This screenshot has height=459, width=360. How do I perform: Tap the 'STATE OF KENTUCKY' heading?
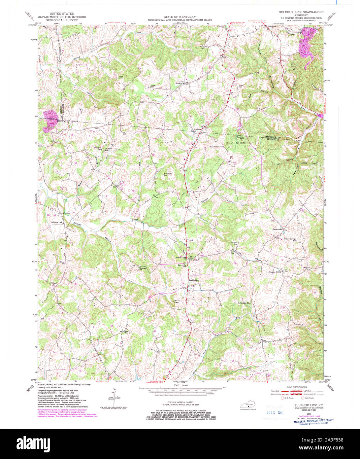point(180,17)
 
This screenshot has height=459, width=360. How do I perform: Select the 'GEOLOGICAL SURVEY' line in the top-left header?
point(62,20)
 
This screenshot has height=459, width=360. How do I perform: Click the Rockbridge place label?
point(194,280)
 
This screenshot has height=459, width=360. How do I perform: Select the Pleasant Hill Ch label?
point(274,272)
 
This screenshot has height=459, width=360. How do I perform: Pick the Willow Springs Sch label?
point(288,239)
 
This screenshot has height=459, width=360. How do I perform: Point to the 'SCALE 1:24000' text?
point(180,385)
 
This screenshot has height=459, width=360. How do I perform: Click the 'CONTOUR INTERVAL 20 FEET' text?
point(180,403)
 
